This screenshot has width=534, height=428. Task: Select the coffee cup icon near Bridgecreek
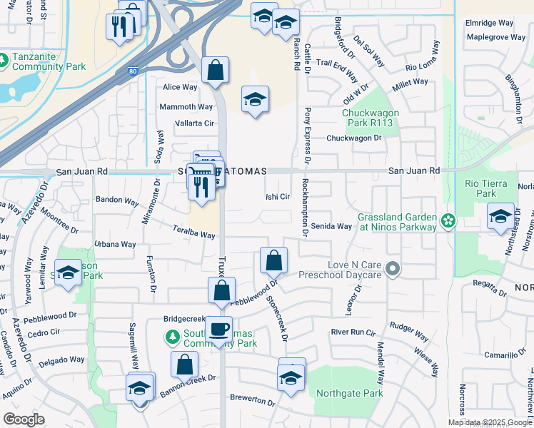coord(218,330)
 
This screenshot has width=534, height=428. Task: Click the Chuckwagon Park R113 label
coord(370,118)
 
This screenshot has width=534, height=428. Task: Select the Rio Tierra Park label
coord(480,188)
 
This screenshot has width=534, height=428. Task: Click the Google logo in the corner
coord(24,419)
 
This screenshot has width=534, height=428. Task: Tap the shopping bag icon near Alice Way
coord(215,71)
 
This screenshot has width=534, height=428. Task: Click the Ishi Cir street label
coord(278,197)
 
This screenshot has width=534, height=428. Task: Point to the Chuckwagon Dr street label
coord(354,138)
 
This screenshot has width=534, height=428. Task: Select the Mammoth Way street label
coord(186,107)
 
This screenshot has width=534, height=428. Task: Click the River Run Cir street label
coord(353,332)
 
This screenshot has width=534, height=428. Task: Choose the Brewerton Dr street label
coord(252,400)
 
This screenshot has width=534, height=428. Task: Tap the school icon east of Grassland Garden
coord(500,216)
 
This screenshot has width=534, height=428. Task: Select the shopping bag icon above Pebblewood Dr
coord(273,261)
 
